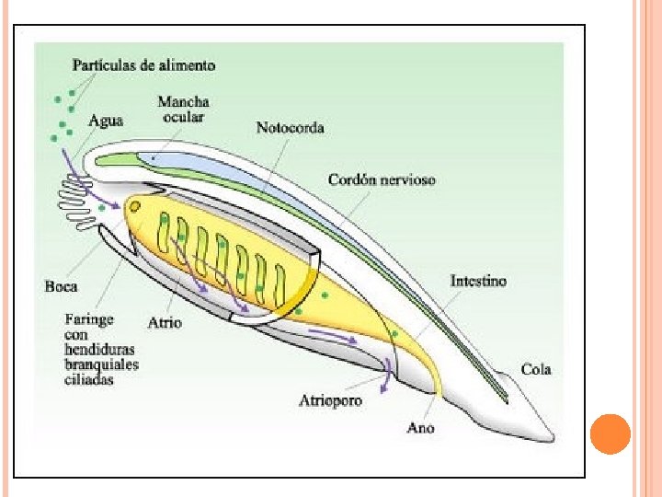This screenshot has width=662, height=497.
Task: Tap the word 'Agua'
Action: tap(106, 120)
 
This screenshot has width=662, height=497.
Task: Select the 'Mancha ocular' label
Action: tap(183, 110)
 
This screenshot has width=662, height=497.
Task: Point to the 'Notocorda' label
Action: tap(290, 128)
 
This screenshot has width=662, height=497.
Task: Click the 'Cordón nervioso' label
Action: tap(382, 179)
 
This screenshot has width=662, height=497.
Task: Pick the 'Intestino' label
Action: tap(478, 281)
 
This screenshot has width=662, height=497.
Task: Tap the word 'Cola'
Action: tap(535, 369)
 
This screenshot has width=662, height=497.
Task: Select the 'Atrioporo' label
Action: tap(330, 400)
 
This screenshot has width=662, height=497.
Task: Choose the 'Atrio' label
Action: tap(165, 322)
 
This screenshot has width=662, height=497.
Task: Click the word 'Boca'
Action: tap(62, 286)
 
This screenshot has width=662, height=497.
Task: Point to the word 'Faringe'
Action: tap(88, 320)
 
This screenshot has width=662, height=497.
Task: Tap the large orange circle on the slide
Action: tap(610, 434)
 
